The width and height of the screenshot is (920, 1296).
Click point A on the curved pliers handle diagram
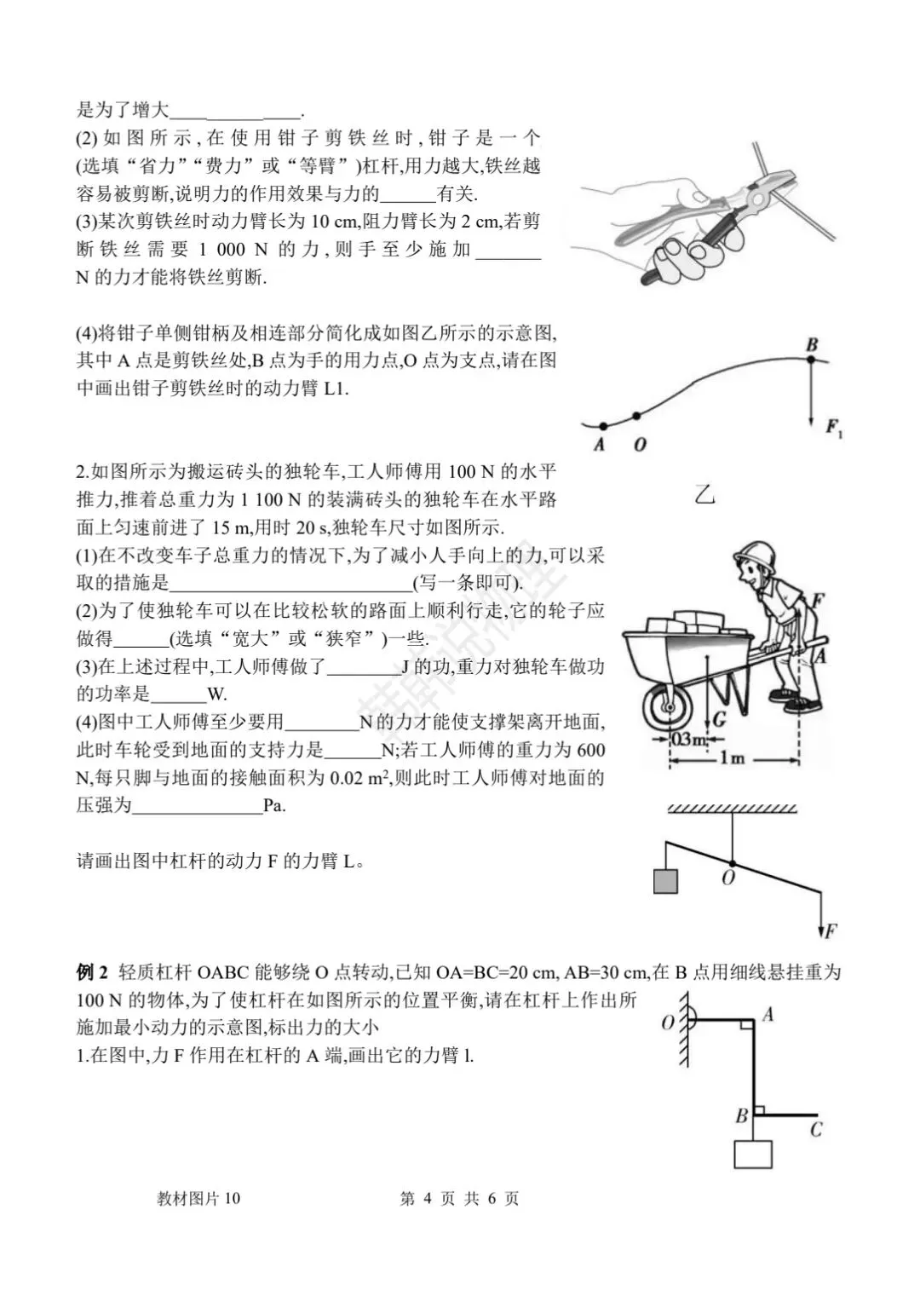tap(601, 425)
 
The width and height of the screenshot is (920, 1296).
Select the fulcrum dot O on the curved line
tap(636, 417)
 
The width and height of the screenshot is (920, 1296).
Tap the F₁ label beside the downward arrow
tap(834, 428)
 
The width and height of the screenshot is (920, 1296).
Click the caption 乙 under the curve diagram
tap(704, 493)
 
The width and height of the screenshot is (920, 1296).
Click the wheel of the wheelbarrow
tap(669, 706)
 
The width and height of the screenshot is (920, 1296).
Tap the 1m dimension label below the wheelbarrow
tap(733, 758)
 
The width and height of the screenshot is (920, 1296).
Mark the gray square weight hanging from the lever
tap(665, 880)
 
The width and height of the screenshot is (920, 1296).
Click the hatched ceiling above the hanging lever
tap(732, 808)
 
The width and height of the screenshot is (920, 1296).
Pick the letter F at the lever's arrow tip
tap(830, 930)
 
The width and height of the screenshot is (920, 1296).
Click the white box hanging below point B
tap(753, 1154)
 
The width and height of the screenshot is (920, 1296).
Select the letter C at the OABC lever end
tap(816, 1130)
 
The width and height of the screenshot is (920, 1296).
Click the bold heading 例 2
tap(93, 972)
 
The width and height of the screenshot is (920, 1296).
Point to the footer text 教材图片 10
tap(198, 1198)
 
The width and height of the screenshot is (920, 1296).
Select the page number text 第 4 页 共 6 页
tap(459, 1198)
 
